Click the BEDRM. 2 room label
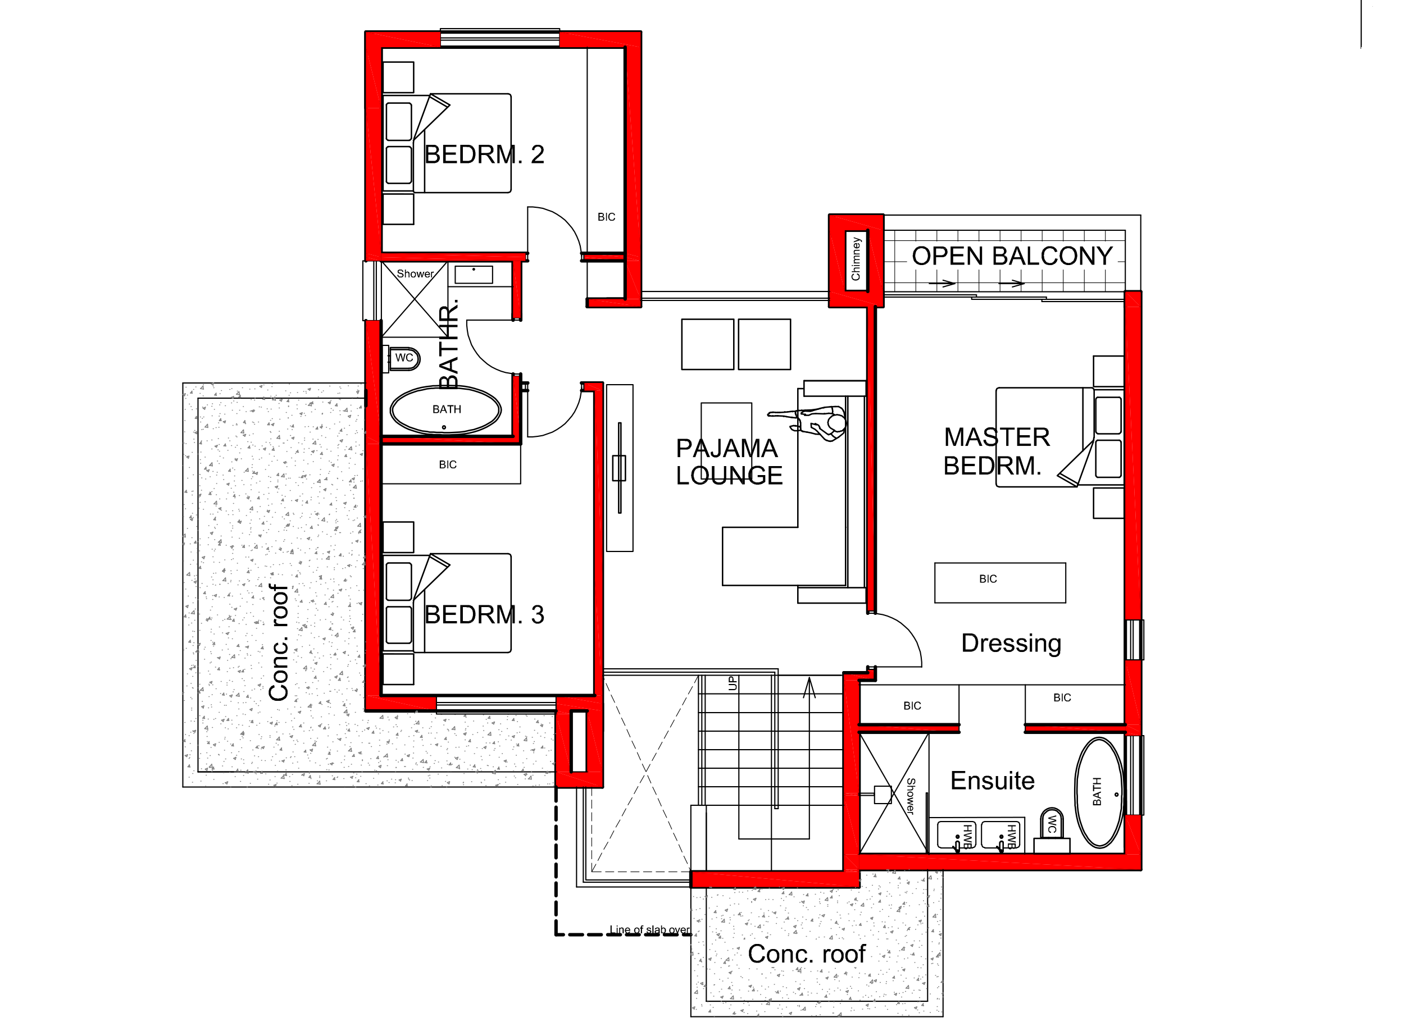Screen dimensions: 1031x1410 pyautogui.click(x=484, y=155)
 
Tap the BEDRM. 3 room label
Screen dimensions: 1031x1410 pyautogui.click(x=484, y=615)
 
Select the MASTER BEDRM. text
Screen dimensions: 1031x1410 pyautogui.click(x=996, y=451)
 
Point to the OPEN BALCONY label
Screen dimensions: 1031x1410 pyautogui.click(x=1012, y=256)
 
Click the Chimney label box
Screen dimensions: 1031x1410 pyautogui.click(x=855, y=259)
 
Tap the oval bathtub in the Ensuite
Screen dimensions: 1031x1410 pyautogui.click(x=1099, y=792)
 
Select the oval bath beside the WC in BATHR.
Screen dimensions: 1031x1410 pyautogui.click(x=445, y=410)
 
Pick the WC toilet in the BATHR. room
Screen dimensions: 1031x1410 pyautogui.click(x=404, y=358)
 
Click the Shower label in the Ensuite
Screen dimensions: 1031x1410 pyautogui.click(x=910, y=796)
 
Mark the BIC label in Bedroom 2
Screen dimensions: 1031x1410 pyautogui.click(x=606, y=217)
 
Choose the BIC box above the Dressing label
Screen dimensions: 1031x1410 pyautogui.click(x=999, y=582)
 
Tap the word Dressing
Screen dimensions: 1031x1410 pyautogui.click(x=1011, y=643)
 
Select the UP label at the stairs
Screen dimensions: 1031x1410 pyautogui.click(x=733, y=683)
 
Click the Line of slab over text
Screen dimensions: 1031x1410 pyautogui.click(x=650, y=930)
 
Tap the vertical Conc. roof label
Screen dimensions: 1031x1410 pyautogui.click(x=279, y=643)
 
